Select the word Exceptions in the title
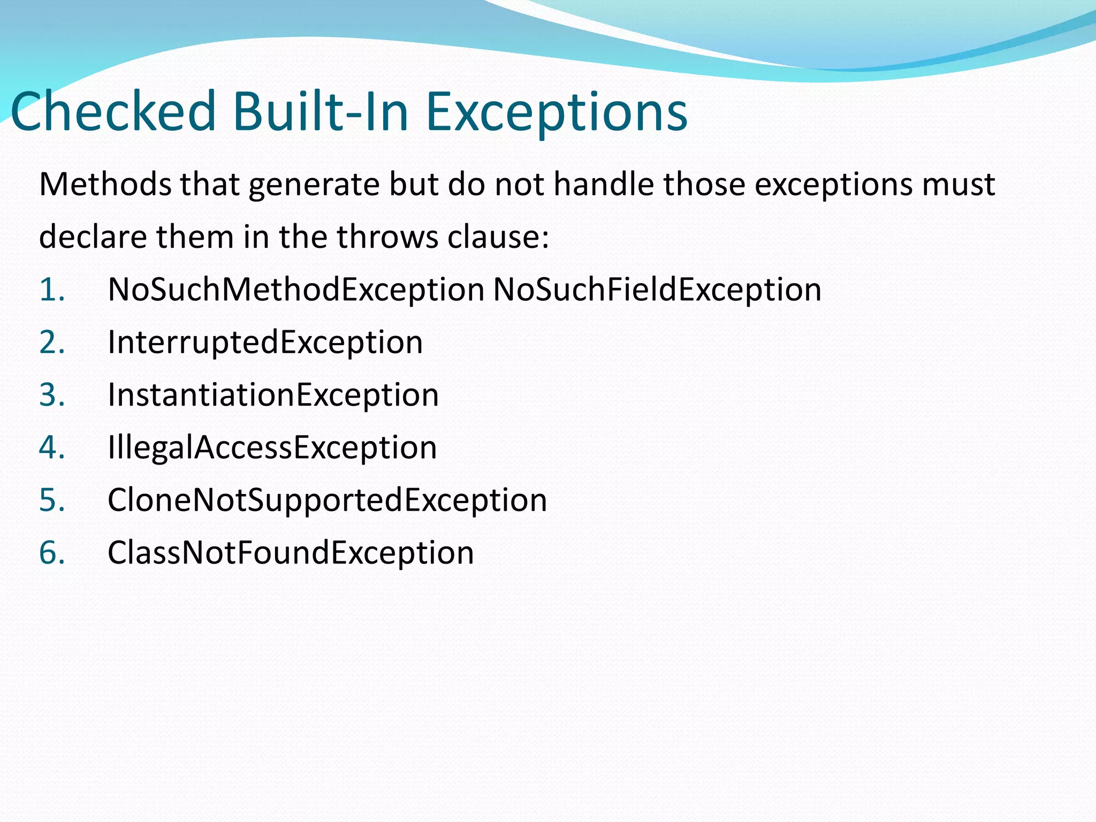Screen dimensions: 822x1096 coord(557,112)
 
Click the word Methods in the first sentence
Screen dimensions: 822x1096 coord(105,185)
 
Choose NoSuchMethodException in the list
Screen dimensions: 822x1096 coord(296,290)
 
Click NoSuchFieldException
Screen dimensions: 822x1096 coord(657,290)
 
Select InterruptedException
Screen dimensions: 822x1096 coord(265,342)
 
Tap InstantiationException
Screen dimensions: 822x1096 coord(273,395)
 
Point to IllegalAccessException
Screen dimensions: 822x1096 coord(272,447)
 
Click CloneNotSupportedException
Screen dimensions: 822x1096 coord(327,500)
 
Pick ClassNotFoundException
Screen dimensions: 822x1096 coord(291,553)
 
